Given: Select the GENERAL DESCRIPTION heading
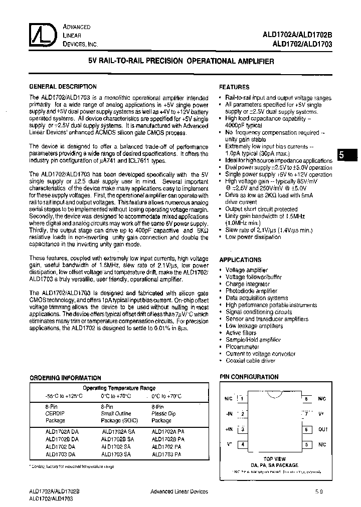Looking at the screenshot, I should point(63,86).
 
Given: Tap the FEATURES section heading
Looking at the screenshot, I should point(234,87).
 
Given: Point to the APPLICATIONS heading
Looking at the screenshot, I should point(240,260).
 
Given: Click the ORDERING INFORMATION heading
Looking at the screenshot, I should point(65,378).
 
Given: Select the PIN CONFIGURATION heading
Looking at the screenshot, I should point(249,377).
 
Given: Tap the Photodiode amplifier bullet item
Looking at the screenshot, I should point(251,291).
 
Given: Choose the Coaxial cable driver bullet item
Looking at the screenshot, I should point(250,361).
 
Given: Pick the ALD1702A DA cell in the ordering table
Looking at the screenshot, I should point(62,431).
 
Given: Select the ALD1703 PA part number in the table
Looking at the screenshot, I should point(167,454).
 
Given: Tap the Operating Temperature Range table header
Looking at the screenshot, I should point(119,388).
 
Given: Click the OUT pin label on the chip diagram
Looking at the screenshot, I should point(322,429).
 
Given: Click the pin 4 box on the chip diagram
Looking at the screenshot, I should point(243,444).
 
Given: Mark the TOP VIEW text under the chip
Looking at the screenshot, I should point(274,459).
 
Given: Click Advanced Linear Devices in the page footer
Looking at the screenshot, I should point(179,491).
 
